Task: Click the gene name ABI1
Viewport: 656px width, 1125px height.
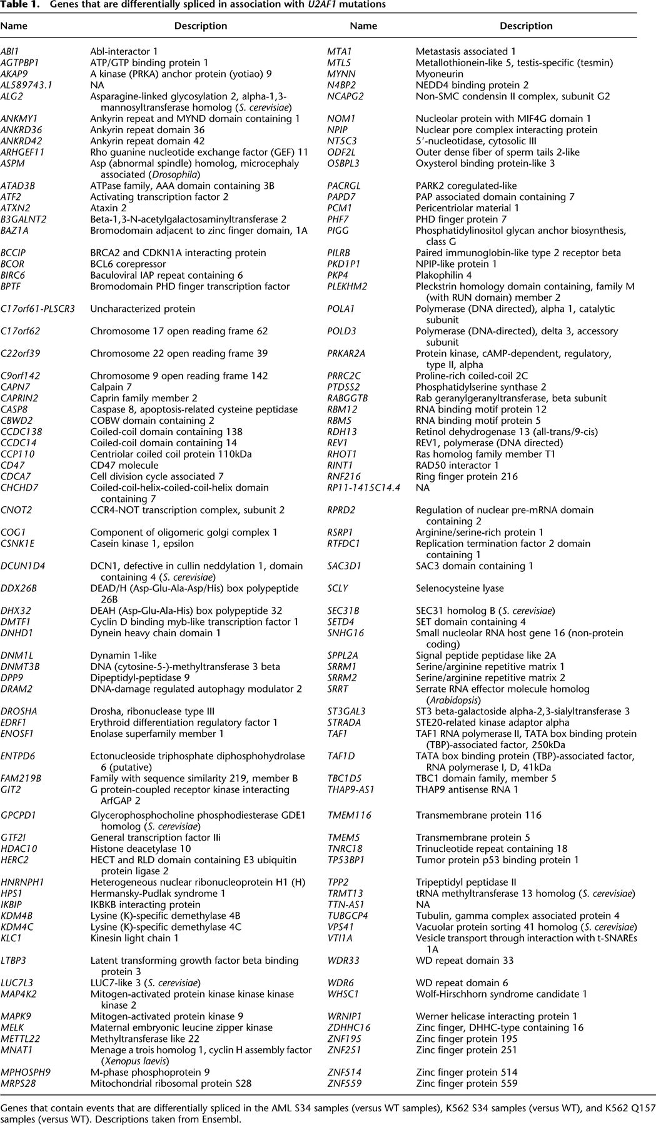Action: click(9, 51)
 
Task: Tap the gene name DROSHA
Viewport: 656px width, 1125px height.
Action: click(19, 711)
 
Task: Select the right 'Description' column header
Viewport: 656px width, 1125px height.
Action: click(526, 26)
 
